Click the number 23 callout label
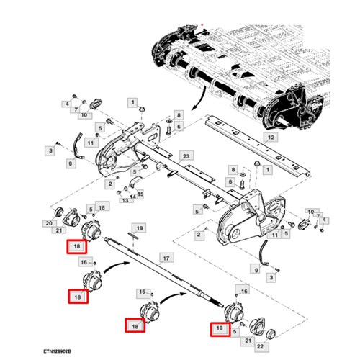(185, 156)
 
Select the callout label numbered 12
(271, 137)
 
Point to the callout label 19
(140, 228)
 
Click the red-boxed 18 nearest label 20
(77, 247)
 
